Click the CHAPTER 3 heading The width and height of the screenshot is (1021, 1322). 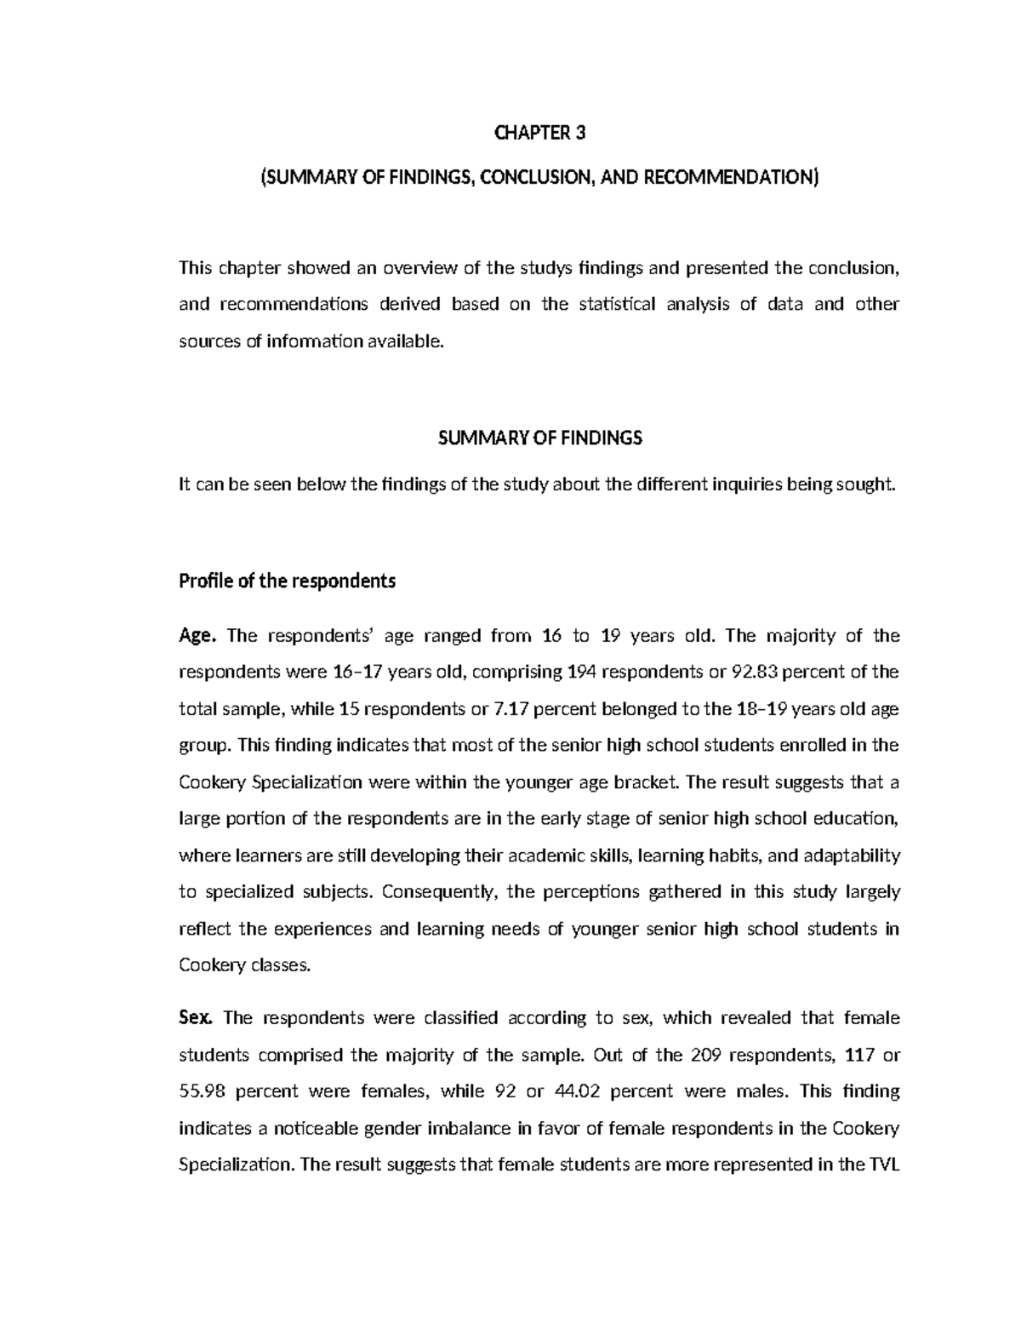[x=540, y=133]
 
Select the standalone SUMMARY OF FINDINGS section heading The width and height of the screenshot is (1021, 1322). [x=539, y=438]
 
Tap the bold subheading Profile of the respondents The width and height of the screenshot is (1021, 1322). [x=287, y=581]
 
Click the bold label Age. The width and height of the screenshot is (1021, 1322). [x=198, y=636]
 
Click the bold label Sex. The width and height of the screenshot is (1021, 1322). [x=199, y=1018]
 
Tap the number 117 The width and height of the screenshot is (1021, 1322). [x=854, y=1055]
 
